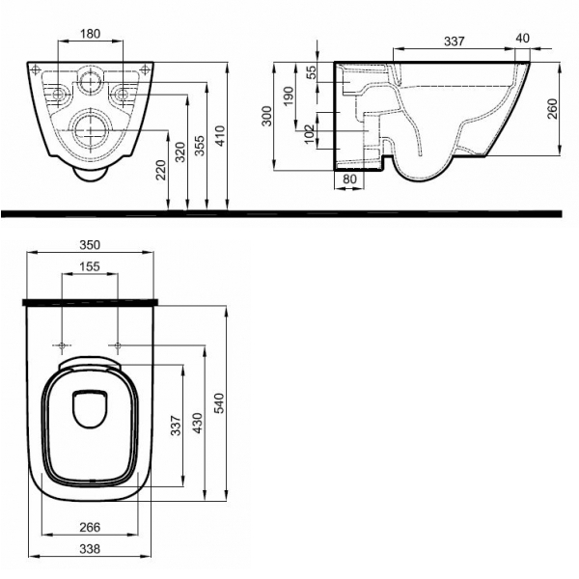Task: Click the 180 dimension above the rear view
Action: (x=91, y=34)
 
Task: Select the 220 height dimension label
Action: (x=161, y=170)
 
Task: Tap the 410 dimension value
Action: (x=220, y=136)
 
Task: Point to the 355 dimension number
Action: (x=200, y=146)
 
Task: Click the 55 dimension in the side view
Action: (x=312, y=72)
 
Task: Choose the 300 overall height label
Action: (x=266, y=116)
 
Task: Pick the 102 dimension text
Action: (x=309, y=134)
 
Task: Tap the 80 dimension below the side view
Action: (x=349, y=179)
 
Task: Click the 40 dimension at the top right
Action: (x=522, y=38)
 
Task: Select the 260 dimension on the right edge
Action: (x=552, y=108)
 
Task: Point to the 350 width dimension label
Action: (x=90, y=245)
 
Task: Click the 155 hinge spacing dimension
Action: (x=90, y=266)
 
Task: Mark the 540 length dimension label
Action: (x=219, y=403)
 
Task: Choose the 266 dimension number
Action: (x=90, y=527)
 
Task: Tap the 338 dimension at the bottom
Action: (x=90, y=549)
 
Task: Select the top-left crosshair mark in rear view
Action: (x=36, y=69)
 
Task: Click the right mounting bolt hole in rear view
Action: (x=122, y=95)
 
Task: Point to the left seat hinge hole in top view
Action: (x=62, y=346)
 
